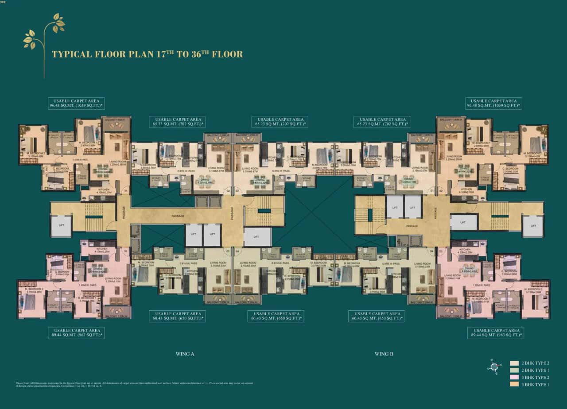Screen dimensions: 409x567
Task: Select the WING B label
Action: pyautogui.click(x=384, y=354)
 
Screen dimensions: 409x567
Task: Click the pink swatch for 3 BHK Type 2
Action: pyautogui.click(x=514, y=377)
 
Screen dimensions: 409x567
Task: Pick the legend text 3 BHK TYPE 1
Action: pyautogui.click(x=536, y=385)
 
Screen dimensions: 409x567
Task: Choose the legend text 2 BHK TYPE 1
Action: pyautogui.click(x=536, y=370)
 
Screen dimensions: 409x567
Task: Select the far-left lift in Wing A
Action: pyautogui.click(x=61, y=225)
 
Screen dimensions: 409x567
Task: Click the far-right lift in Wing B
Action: pyautogui.click(x=532, y=225)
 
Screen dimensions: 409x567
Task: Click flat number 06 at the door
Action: pyautogui.click(x=126, y=251)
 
